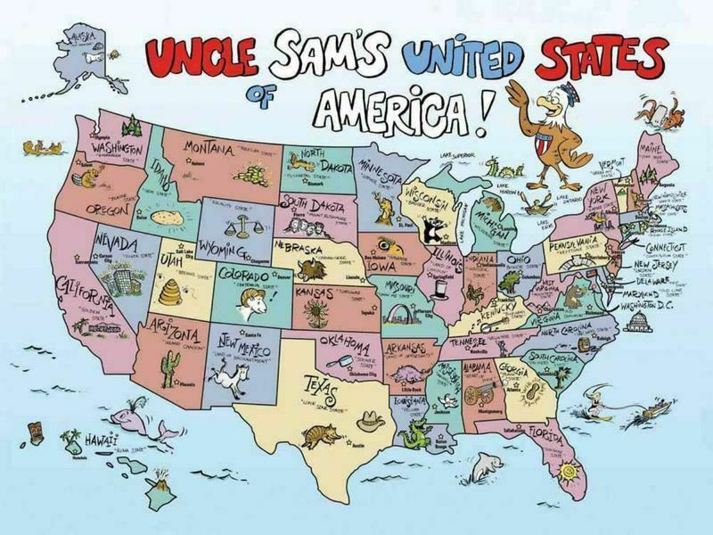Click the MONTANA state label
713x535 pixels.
coord(210,146)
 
